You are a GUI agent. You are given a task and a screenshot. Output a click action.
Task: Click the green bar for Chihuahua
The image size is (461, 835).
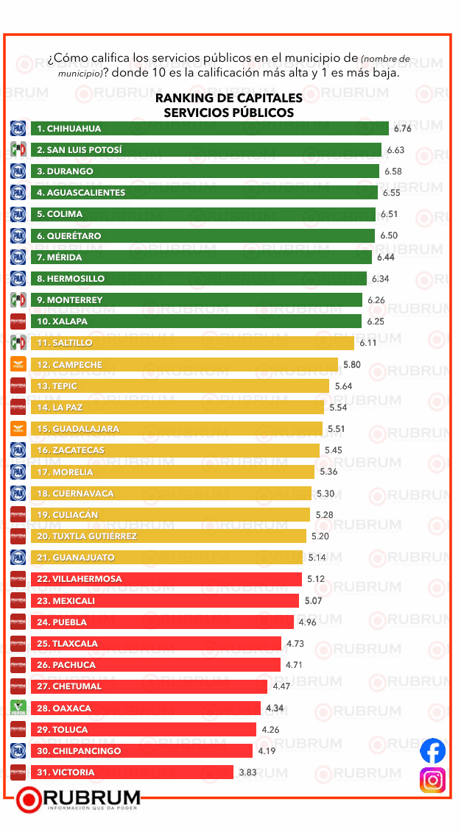pyautogui.click(x=210, y=129)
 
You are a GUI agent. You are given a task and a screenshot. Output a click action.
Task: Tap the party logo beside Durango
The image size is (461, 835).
pyautogui.click(x=18, y=171)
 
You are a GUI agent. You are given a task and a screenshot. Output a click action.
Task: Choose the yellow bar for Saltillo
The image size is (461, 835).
pyautogui.click(x=192, y=343)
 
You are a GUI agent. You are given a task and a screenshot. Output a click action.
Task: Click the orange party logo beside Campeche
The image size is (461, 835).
pyautogui.click(x=18, y=364)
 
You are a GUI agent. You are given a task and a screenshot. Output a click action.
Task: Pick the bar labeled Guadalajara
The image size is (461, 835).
pyautogui.click(x=177, y=429)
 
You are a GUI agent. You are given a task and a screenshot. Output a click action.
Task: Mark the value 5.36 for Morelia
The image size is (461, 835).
pyautogui.click(x=328, y=472)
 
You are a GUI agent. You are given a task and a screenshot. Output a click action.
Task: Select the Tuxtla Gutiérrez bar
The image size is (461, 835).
pyautogui.click(x=169, y=536)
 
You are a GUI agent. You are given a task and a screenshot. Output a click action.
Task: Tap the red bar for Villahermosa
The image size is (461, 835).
pyautogui.click(x=166, y=579)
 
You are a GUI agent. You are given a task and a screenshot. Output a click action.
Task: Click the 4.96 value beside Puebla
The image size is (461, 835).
pyautogui.click(x=307, y=622)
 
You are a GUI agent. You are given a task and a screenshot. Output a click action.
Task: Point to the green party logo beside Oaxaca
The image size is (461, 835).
pyautogui.click(x=18, y=708)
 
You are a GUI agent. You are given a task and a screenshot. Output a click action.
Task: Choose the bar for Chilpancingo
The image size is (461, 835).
pyautogui.click(x=142, y=751)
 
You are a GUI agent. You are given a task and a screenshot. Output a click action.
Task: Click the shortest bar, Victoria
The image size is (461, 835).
pyautogui.click(x=133, y=772)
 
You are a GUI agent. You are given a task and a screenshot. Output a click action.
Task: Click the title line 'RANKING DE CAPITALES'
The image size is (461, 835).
pyautogui.click(x=229, y=99)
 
